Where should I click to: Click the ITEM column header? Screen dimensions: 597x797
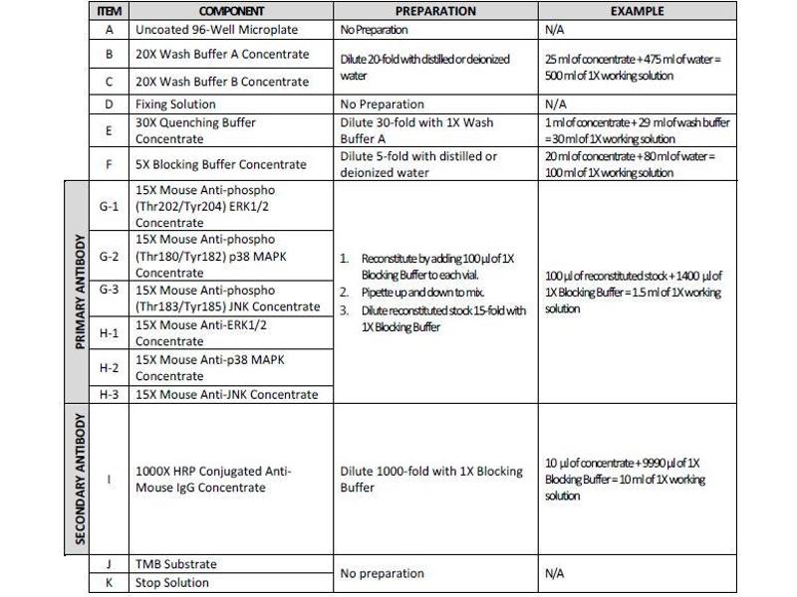coord(109,12)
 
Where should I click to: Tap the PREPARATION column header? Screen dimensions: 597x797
coord(435,12)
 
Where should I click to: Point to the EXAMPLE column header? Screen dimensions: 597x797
coord(638,12)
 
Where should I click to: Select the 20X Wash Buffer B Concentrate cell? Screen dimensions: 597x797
coord(222,82)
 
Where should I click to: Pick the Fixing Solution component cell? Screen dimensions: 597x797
coord(175,104)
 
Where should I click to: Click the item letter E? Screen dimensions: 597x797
coord(109,130)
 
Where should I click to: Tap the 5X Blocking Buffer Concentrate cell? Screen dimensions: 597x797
coord(220,164)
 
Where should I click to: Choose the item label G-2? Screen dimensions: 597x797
coord(109,256)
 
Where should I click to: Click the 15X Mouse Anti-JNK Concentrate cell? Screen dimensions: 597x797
coord(227,395)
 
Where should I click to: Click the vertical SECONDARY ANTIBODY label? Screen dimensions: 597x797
coord(79,481)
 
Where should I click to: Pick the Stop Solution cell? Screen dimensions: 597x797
coord(172,583)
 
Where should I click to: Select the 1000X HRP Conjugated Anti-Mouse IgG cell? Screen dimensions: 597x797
coord(213,480)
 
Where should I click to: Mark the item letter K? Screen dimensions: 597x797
coord(109,583)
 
